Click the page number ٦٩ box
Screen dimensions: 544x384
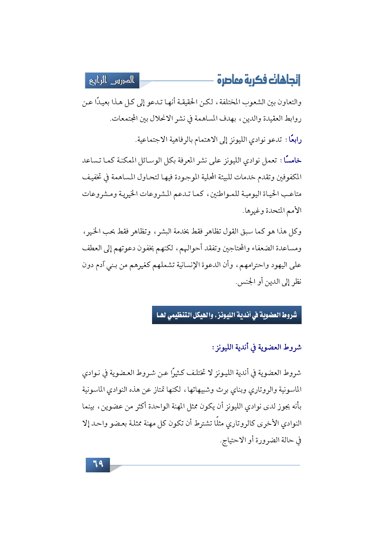click(98, 464)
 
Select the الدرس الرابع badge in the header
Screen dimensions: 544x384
click(112, 81)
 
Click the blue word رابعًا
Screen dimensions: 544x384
click(295, 140)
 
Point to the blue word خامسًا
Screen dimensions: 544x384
click(292, 161)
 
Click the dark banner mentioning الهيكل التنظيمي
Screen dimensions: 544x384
click(227, 315)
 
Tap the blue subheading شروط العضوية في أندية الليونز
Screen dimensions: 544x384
click(257, 347)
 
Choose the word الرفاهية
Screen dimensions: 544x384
click(176, 140)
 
